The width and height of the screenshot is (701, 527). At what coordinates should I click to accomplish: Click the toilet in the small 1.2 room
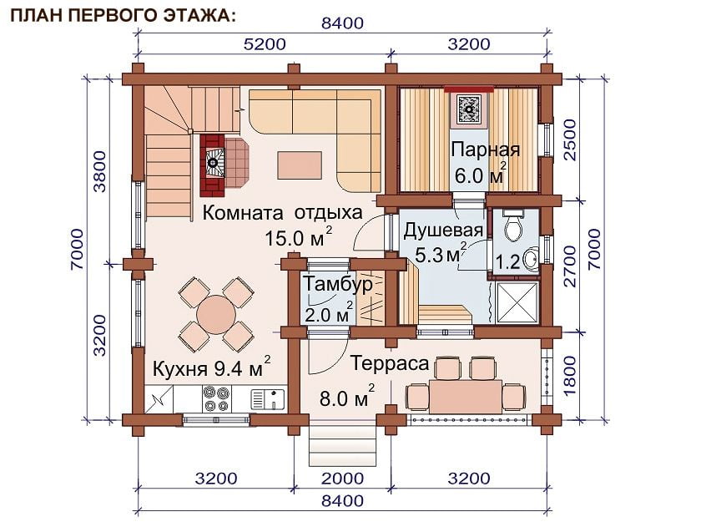[513, 226]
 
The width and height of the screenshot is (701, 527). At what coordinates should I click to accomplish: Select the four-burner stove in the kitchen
[217, 399]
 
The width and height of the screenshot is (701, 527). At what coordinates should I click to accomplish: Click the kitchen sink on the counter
[267, 399]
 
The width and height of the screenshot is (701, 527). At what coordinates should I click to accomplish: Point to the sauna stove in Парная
[469, 109]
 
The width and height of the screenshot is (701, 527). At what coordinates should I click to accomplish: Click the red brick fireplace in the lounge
[213, 165]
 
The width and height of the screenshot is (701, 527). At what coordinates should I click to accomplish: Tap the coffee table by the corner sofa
[299, 165]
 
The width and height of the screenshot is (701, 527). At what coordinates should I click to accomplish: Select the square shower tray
[517, 302]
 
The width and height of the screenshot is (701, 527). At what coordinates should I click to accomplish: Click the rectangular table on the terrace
[466, 396]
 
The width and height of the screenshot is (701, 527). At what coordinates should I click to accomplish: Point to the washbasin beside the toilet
[532, 258]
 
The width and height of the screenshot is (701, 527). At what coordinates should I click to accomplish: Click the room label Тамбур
[338, 284]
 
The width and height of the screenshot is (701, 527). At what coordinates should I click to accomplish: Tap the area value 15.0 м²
[299, 237]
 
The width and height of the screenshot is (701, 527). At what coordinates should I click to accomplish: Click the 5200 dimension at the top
[265, 43]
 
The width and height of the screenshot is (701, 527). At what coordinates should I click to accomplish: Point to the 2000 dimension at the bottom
[342, 479]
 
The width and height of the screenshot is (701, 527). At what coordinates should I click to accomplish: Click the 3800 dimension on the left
[101, 171]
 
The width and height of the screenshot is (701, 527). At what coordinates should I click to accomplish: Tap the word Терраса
[390, 362]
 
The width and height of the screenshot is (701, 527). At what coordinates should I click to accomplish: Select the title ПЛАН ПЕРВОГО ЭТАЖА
[123, 15]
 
